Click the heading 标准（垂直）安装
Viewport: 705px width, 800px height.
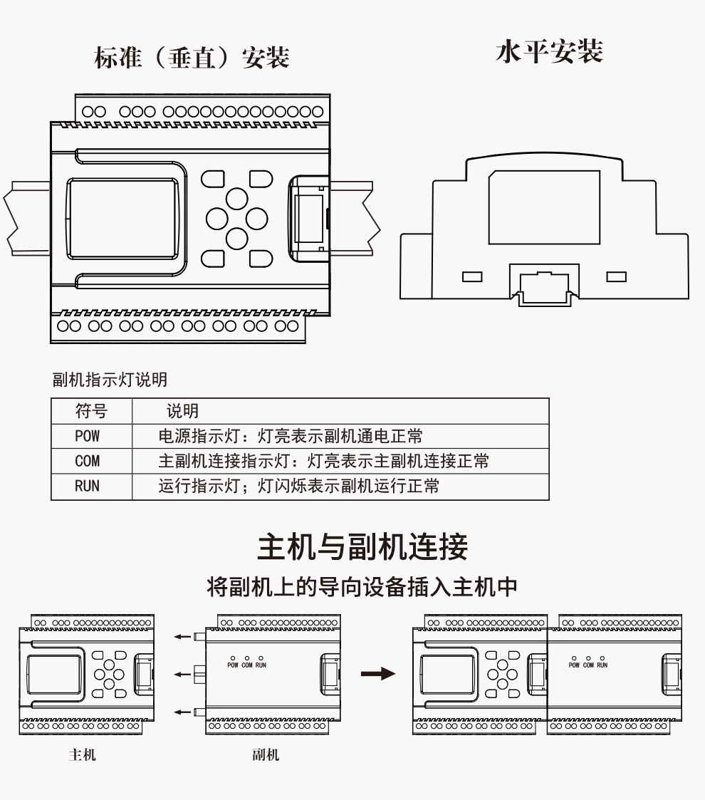pos(192,57)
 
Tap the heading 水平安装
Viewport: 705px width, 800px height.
pos(549,51)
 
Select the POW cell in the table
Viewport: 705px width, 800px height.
pos(87,436)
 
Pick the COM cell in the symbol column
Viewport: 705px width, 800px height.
pos(87,461)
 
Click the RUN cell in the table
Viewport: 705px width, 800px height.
pos(87,487)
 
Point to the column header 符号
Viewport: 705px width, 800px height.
pos(91,411)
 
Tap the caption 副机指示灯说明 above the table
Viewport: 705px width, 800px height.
pos(110,380)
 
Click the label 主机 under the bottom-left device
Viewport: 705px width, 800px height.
pos(82,755)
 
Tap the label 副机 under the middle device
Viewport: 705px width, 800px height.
pos(265,755)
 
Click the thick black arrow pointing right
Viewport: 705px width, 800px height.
pos(377,673)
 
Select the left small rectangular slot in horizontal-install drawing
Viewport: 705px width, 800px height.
pos(471,276)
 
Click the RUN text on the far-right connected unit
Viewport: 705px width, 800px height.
pos(602,665)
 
